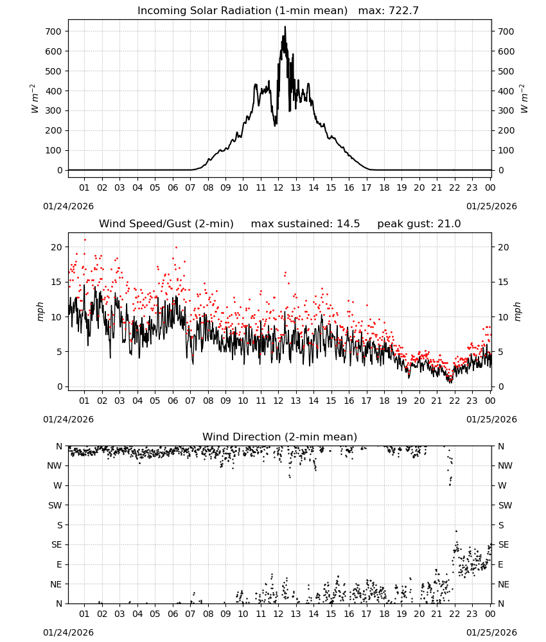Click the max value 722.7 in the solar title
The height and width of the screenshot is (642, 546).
[403, 11]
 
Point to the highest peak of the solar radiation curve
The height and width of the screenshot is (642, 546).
[285, 27]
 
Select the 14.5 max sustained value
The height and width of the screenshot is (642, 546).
[348, 224]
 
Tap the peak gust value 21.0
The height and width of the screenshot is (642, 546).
[449, 224]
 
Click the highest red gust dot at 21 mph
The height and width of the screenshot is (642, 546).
[85, 240]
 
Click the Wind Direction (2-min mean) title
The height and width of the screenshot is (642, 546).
[280, 437]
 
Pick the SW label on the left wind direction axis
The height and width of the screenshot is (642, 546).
[55, 505]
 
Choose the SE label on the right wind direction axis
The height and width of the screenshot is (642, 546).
[504, 544]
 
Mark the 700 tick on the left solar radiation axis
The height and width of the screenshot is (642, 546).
[54, 31]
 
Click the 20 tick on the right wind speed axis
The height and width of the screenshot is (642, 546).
[503, 247]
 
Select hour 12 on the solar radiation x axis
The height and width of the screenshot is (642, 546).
[278, 187]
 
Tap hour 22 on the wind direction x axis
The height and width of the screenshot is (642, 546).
[454, 614]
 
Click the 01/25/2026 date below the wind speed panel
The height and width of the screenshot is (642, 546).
[491, 419]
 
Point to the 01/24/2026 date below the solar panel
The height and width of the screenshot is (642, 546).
[68, 206]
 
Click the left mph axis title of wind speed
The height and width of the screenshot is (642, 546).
[40, 311]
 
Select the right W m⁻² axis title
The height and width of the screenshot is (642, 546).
[524, 99]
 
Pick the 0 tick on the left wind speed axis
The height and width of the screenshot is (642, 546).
[60, 386]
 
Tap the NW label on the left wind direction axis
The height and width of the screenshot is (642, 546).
[55, 465]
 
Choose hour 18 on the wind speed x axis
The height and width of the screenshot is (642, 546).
[383, 401]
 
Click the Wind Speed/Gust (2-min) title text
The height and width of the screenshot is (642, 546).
[166, 224]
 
